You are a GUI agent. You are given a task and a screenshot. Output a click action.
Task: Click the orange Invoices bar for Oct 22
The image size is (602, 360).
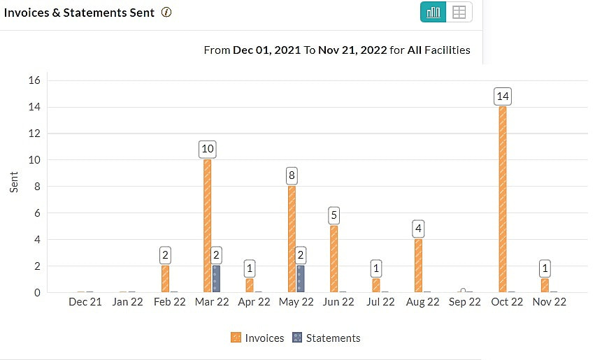(x=502, y=199)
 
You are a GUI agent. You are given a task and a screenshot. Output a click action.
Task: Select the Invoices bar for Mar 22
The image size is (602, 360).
(x=207, y=226)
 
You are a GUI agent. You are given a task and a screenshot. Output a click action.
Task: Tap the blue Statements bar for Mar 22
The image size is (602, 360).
(x=216, y=278)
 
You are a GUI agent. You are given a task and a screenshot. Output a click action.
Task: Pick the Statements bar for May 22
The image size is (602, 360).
(x=300, y=278)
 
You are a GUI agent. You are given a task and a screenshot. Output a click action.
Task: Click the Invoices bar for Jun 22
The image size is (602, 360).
(x=334, y=259)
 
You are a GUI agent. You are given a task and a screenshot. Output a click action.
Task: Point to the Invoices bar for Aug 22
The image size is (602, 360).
(x=418, y=266)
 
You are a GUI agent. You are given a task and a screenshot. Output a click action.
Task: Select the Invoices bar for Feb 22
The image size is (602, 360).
(x=165, y=278)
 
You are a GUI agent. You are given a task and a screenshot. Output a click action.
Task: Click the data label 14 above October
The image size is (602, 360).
(x=502, y=96)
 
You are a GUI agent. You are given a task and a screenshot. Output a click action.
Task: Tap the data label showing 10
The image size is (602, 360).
(x=207, y=149)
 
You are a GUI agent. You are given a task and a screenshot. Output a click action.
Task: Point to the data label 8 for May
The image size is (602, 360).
(x=292, y=175)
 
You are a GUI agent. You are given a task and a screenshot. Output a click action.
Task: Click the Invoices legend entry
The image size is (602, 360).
(x=257, y=338)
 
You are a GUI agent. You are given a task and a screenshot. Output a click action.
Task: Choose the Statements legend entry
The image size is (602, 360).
(x=326, y=338)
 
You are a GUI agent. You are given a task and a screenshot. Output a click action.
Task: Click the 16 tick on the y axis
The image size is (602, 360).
(x=34, y=80)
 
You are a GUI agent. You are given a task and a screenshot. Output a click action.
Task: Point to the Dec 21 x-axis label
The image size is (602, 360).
(x=85, y=302)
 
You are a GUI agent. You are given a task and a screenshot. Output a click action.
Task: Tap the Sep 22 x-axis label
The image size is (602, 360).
(x=464, y=302)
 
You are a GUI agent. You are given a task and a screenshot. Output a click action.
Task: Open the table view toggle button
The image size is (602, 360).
(x=459, y=12)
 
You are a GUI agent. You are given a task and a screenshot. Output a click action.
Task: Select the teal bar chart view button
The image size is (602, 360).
(x=433, y=12)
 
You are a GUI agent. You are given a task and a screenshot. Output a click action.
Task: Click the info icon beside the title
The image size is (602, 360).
(x=166, y=13)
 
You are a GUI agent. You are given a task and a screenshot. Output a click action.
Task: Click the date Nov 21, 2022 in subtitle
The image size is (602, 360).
(x=352, y=50)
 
